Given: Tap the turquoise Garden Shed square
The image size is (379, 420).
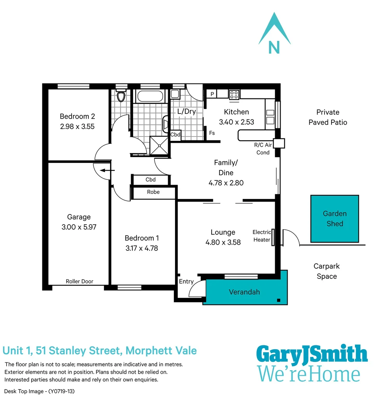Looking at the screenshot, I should (335, 219).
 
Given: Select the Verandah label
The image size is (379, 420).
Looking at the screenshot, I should (244, 292).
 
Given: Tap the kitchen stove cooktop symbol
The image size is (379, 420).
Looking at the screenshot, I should (234, 94).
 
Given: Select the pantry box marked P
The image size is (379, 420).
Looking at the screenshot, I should (212, 94).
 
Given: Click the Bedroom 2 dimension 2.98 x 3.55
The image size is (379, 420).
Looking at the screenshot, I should (77, 126).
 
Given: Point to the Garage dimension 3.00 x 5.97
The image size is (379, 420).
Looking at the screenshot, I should (79, 227).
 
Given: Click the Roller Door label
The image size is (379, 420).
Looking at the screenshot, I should (79, 281).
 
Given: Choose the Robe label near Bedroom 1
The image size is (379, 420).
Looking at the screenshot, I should (153, 192).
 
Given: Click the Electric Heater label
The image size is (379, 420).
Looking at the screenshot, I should (261, 236).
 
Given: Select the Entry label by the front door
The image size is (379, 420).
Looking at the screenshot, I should (186, 282).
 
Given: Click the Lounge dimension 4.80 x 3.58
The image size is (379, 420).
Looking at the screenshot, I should (223, 242).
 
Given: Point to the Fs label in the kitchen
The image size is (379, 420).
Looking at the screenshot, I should (212, 133).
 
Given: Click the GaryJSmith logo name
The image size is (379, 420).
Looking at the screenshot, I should (312, 355).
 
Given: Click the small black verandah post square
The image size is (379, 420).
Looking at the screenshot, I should (279, 300).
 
